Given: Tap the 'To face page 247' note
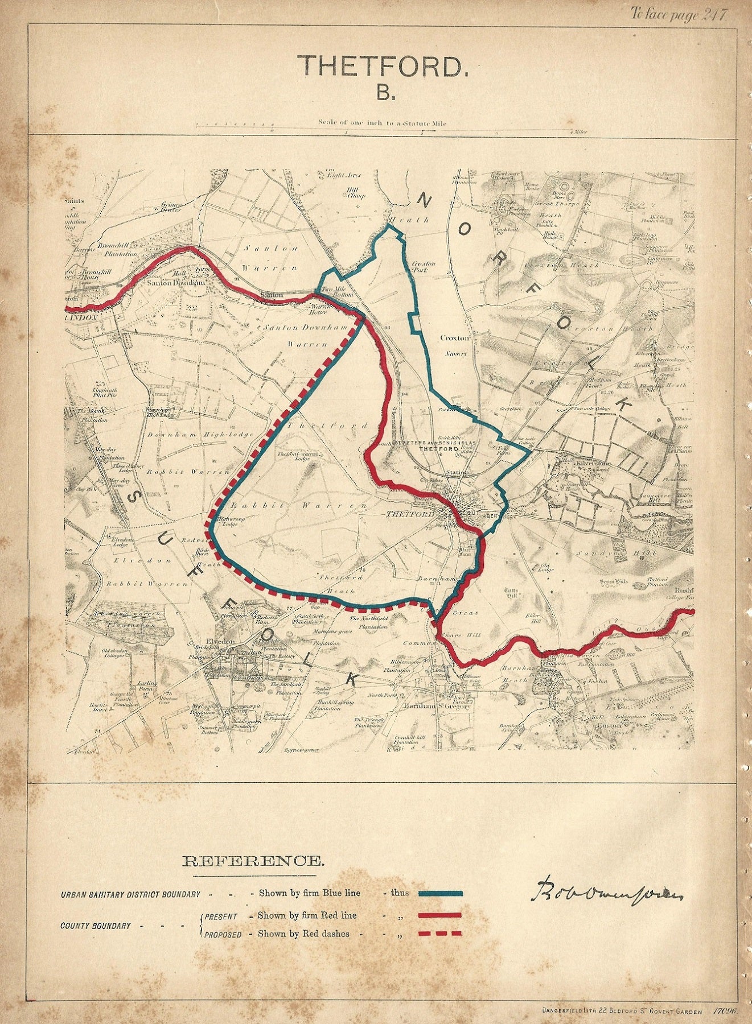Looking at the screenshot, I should (x=678, y=14).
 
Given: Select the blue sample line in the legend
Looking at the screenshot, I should (x=441, y=893).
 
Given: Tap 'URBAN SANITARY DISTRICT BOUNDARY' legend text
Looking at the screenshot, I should (x=130, y=894).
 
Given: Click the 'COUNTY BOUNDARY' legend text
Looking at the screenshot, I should (x=96, y=926).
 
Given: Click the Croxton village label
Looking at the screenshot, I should (x=455, y=337).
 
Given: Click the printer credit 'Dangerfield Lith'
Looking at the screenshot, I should (x=570, y=1011).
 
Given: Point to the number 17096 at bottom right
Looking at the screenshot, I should (x=725, y=1011).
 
